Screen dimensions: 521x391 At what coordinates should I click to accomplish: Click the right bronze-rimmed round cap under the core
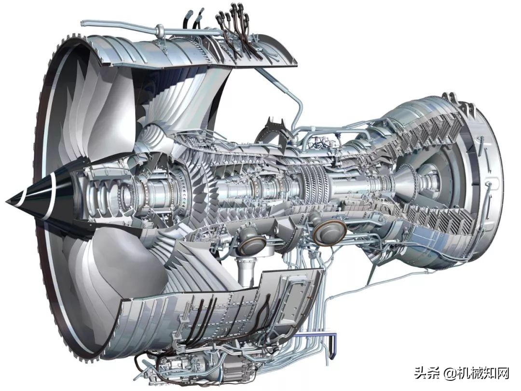coord(329,231)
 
